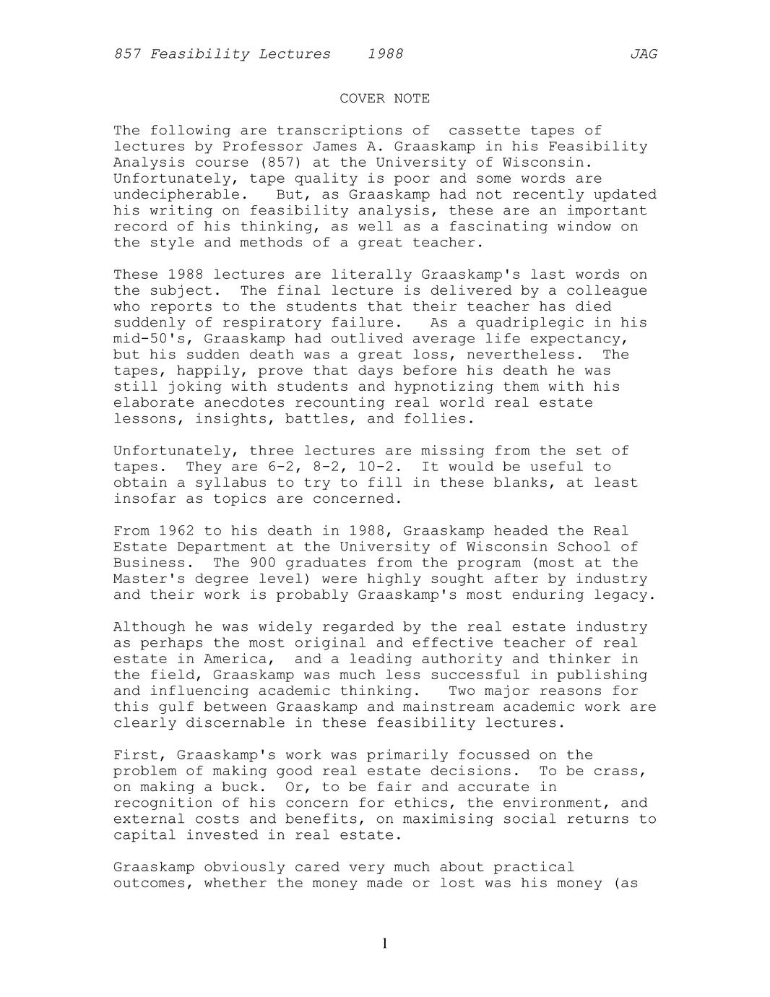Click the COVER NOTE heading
click(384, 98)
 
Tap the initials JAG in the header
click(643, 54)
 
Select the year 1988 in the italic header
click(385, 54)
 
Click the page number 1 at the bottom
click(384, 943)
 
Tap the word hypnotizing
click(444, 387)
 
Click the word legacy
click(625, 595)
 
